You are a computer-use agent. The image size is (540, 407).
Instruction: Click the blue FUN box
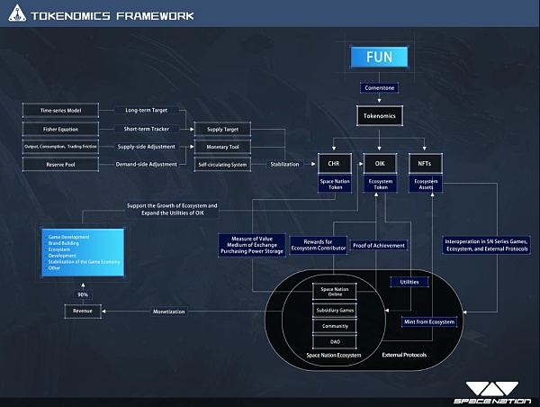[379, 58]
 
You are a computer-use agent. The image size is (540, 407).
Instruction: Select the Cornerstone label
[379, 88]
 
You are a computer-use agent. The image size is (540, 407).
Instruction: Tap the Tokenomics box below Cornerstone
[379, 116]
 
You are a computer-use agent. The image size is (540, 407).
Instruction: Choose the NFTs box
[426, 164]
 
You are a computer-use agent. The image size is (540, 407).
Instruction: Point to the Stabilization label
[284, 165]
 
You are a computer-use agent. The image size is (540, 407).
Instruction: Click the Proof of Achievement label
[378, 245]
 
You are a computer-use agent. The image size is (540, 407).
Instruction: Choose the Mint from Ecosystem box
[429, 321]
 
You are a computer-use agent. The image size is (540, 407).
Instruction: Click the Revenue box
[82, 312]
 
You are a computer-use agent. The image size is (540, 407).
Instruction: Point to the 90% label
[82, 294]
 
